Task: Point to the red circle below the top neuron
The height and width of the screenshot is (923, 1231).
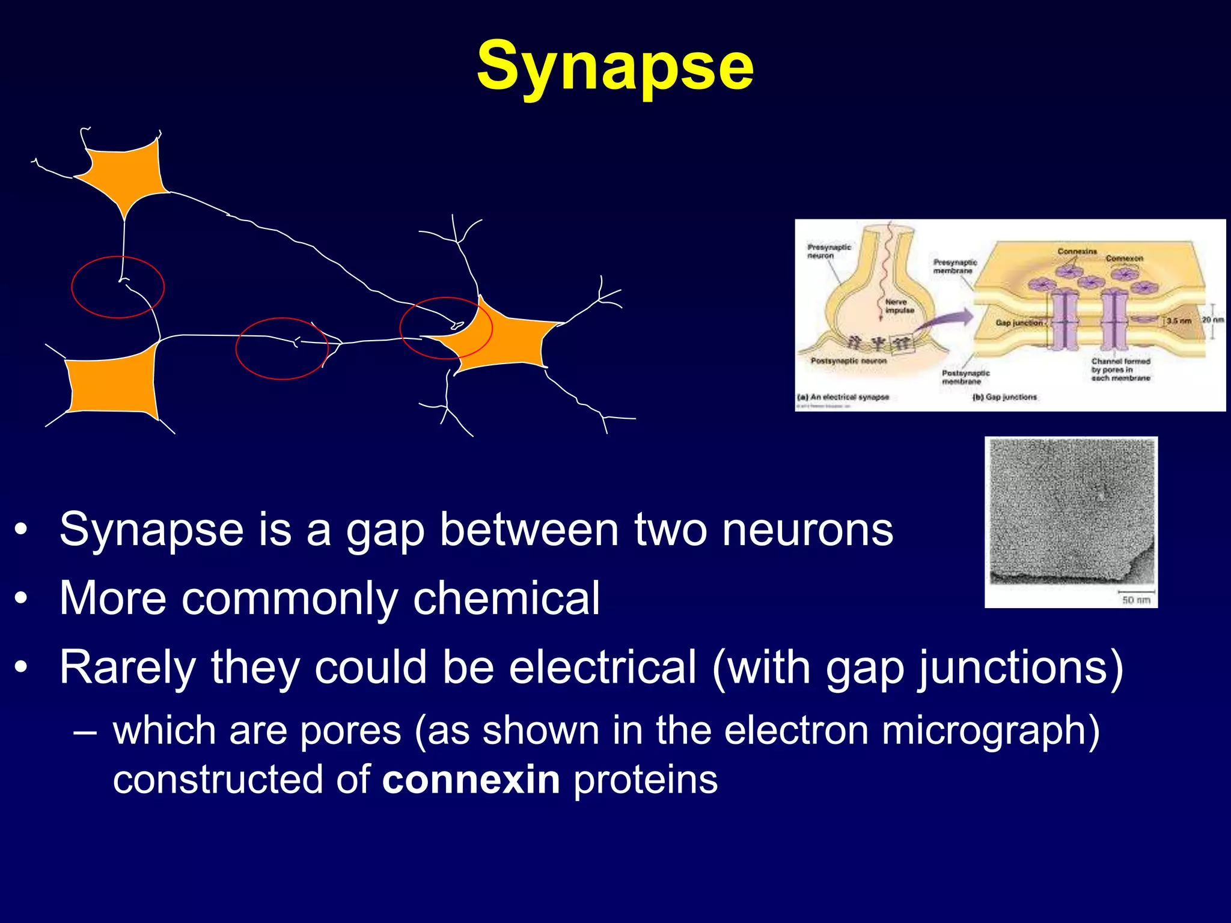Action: (x=118, y=287)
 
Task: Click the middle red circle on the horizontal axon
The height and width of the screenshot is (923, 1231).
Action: (x=282, y=349)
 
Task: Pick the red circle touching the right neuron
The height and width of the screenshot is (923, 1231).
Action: (x=446, y=328)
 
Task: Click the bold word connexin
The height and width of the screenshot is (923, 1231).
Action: (x=471, y=780)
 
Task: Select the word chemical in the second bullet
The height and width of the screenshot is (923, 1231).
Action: (x=506, y=599)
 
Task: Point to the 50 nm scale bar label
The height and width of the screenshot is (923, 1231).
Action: (x=1136, y=600)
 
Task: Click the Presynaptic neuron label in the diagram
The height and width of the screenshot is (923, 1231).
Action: (x=829, y=251)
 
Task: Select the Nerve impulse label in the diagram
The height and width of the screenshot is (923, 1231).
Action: (x=899, y=306)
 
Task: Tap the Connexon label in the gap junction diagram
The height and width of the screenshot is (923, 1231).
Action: (x=1124, y=258)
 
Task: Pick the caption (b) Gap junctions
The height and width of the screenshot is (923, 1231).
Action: (x=1004, y=397)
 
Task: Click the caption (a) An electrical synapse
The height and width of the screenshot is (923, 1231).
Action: (x=843, y=397)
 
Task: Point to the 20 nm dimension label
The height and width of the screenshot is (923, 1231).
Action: (x=1212, y=320)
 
